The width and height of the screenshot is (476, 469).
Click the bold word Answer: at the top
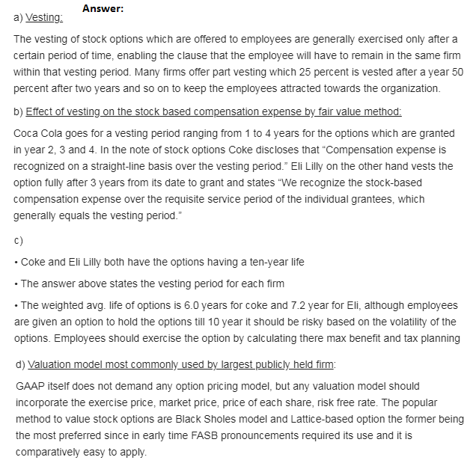[103, 7]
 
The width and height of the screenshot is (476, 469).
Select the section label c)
[19, 241]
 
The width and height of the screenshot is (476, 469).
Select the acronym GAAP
[30, 389]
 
